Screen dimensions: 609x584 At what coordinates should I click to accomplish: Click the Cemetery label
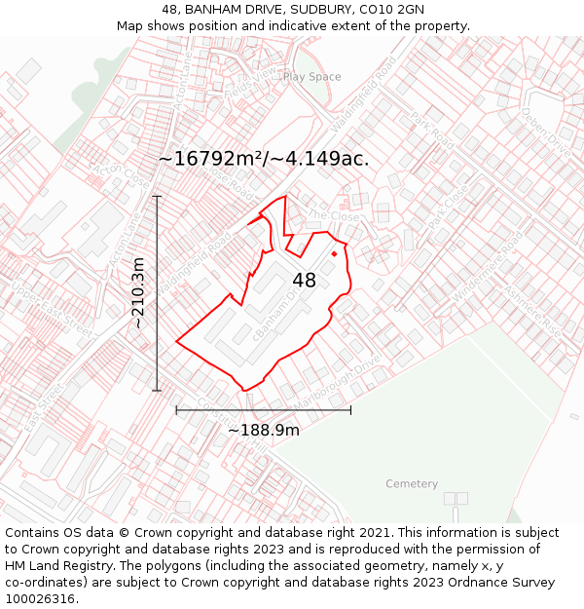coord(412,484)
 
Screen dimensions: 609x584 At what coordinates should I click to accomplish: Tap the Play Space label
coord(311,77)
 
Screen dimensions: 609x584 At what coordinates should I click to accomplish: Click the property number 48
coord(304,281)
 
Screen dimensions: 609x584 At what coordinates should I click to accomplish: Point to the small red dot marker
coord(334,254)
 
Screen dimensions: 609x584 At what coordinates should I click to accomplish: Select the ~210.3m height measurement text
coord(138,292)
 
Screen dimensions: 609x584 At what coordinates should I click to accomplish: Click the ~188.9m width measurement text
coord(263,430)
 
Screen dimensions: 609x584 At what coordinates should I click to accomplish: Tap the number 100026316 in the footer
coord(42,598)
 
